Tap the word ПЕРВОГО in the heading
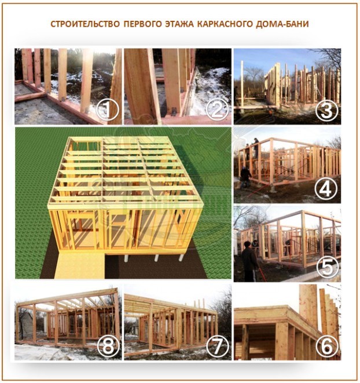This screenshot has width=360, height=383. (x=142, y=24)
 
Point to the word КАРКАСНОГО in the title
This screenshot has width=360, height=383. (x=232, y=24)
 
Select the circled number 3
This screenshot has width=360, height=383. (x=326, y=110)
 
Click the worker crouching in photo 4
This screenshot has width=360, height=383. (x=245, y=174)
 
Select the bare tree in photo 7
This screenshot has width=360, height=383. (x=223, y=307)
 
